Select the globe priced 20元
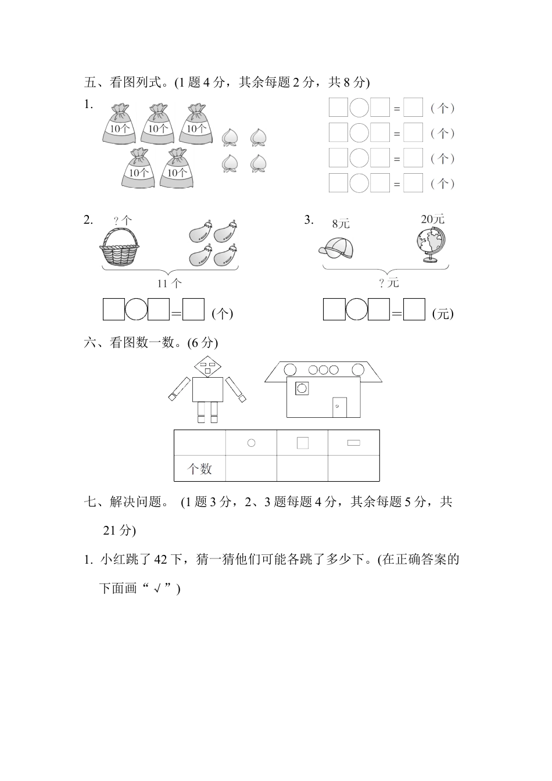pyautogui.click(x=430, y=245)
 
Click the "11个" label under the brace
pyautogui.click(x=169, y=283)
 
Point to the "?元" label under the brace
pyautogui.click(x=389, y=283)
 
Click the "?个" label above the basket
pyautogui.click(x=123, y=220)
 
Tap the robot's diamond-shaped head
pyautogui.click(x=207, y=366)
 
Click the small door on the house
pyautogui.click(x=339, y=407)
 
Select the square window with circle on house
pyautogui.click(x=302, y=388)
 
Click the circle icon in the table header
pyautogui.click(x=251, y=443)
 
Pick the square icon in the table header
pyautogui.click(x=302, y=443)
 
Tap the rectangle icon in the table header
pyautogui.click(x=353, y=443)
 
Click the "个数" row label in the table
pyautogui.click(x=199, y=469)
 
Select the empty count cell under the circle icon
pyautogui.click(x=251, y=468)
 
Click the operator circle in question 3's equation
pyautogui.click(x=356, y=309)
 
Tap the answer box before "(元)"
pyautogui.click(x=414, y=309)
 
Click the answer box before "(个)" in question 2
pyautogui.click(x=193, y=309)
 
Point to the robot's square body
pyautogui.click(x=207, y=389)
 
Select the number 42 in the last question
pyautogui.click(x=160, y=560)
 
